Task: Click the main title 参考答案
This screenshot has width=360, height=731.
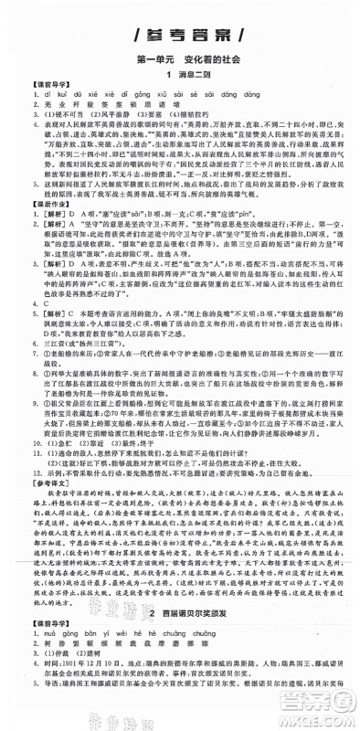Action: click(180, 37)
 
